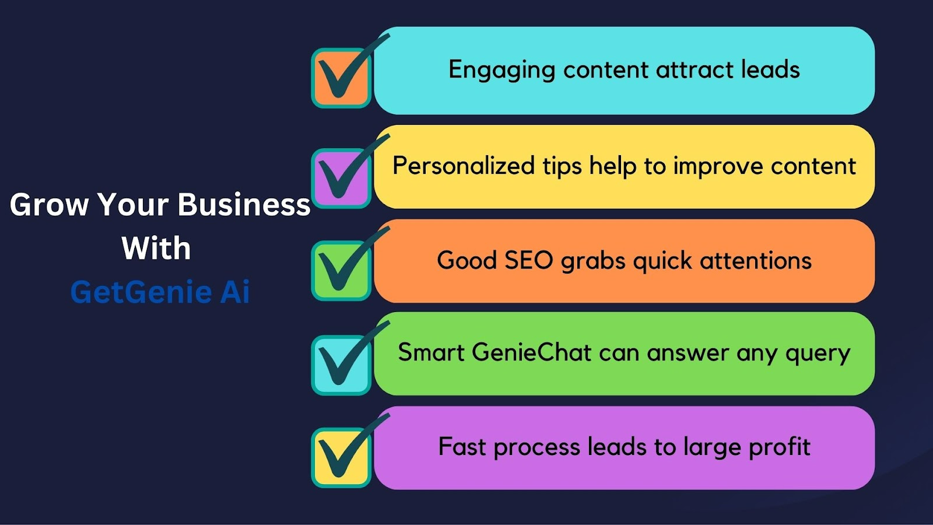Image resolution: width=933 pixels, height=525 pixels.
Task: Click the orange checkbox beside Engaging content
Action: [x=341, y=78]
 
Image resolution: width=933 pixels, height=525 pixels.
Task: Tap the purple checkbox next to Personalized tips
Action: [x=341, y=178]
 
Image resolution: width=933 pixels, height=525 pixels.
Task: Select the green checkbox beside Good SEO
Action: [x=341, y=271]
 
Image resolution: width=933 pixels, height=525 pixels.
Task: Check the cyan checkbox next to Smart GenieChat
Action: [x=341, y=365]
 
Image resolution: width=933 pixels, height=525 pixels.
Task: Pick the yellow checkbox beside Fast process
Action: [x=341, y=457]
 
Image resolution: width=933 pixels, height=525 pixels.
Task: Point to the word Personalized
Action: [x=464, y=166]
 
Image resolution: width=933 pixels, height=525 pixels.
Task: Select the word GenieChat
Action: [x=531, y=352]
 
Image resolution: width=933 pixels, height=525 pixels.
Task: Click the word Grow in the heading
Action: [x=49, y=205]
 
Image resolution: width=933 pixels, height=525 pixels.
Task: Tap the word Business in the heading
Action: [x=244, y=205]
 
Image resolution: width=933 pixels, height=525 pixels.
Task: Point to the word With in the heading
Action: [x=156, y=248]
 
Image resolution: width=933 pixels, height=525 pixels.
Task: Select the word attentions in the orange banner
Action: [x=756, y=261]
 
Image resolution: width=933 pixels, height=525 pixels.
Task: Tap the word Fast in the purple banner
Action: [x=462, y=446]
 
